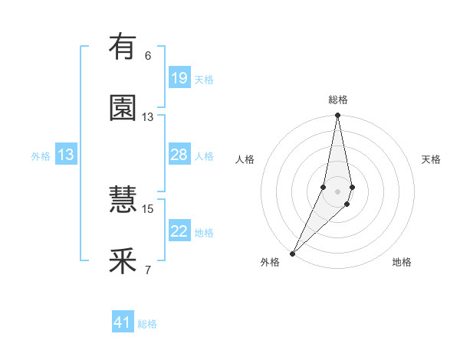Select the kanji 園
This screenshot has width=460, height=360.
(123, 108)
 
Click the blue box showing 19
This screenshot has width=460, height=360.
(179, 78)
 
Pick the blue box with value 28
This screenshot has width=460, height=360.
(179, 155)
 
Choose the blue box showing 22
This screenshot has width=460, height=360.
(179, 231)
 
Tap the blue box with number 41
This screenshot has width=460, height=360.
(123, 322)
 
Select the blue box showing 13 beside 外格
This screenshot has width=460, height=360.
(66, 155)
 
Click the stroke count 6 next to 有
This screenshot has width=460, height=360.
(148, 56)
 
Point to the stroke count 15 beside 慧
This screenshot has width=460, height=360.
(148, 208)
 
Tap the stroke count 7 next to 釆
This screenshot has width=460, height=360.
(148, 270)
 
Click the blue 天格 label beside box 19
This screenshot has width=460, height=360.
(204, 80)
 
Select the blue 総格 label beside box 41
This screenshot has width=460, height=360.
(147, 324)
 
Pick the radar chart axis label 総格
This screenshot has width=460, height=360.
(338, 100)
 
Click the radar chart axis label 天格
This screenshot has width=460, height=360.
(432, 159)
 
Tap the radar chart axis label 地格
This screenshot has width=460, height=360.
(402, 262)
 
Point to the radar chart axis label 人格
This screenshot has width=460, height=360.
(245, 159)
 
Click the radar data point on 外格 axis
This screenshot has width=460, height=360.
(292, 253)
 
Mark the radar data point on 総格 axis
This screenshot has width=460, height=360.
(338, 116)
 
